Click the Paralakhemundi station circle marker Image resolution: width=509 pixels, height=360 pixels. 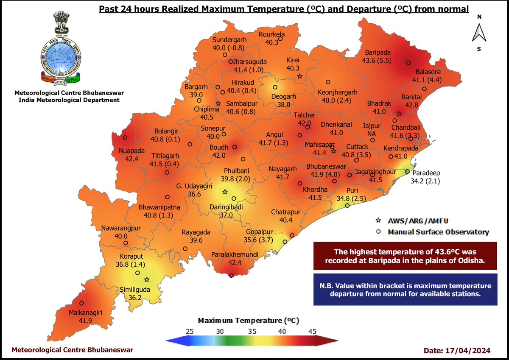pyautogui.click(x=231, y=276)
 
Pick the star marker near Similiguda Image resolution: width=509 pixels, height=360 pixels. pyautogui.click(x=147, y=279)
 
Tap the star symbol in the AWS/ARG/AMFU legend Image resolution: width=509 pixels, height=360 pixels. pyautogui.click(x=378, y=220)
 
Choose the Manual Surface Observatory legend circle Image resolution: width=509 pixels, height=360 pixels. pyautogui.click(x=378, y=232)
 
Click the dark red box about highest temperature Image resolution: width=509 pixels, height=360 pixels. pyautogui.click(x=405, y=256)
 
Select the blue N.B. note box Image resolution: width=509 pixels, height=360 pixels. pyautogui.click(x=405, y=289)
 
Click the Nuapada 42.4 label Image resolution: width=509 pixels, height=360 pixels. pyautogui.click(x=132, y=155)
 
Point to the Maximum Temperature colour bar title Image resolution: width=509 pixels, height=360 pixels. pyautogui.click(x=251, y=320)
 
